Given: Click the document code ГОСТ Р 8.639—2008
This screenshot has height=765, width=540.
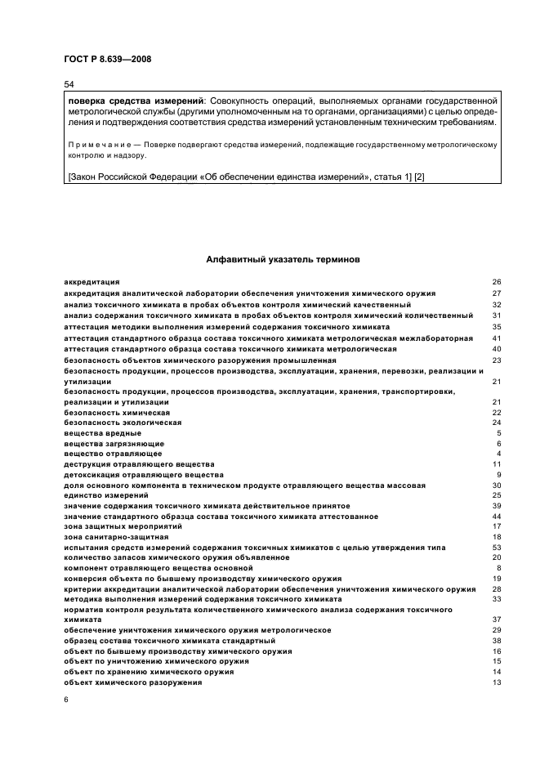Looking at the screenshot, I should coord(107,59).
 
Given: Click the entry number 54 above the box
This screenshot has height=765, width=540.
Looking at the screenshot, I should coord(69,85).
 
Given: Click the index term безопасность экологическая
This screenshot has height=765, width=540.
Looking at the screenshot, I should coord(110,423).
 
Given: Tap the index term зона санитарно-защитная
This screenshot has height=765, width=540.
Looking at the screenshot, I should coord(110,537).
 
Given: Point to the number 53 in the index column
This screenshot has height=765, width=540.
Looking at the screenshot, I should coord(496,547).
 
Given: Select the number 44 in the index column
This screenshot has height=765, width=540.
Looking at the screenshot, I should coord(496,517).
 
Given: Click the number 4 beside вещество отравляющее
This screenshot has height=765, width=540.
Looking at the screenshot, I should coord(498,454).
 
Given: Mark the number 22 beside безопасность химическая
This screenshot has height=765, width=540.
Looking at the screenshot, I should coord(496,412).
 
